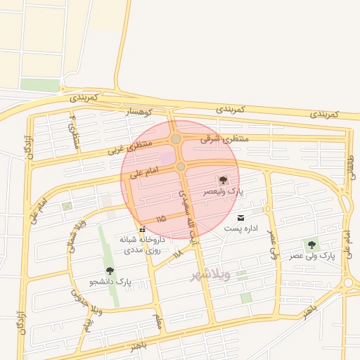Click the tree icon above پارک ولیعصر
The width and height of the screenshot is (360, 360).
(x=224, y=180)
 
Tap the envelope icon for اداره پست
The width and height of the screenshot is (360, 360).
(x=241, y=218)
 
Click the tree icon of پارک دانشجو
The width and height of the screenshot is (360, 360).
(x=109, y=271)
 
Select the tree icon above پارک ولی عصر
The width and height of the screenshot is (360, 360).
(x=311, y=245)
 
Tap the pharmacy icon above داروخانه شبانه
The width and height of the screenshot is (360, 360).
(x=143, y=229)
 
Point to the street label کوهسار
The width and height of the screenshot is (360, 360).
(x=138, y=112)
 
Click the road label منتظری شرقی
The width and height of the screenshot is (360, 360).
(x=225, y=139)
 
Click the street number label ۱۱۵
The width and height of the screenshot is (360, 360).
(x=161, y=219)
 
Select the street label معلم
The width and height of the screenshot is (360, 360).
(x=158, y=321)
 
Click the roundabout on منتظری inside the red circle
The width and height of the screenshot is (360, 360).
(x=176, y=139)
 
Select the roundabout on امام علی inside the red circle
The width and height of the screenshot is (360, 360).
(x=181, y=166)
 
